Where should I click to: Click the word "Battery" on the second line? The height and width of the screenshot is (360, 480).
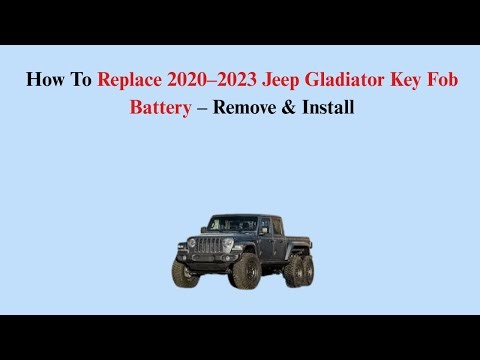159,107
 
